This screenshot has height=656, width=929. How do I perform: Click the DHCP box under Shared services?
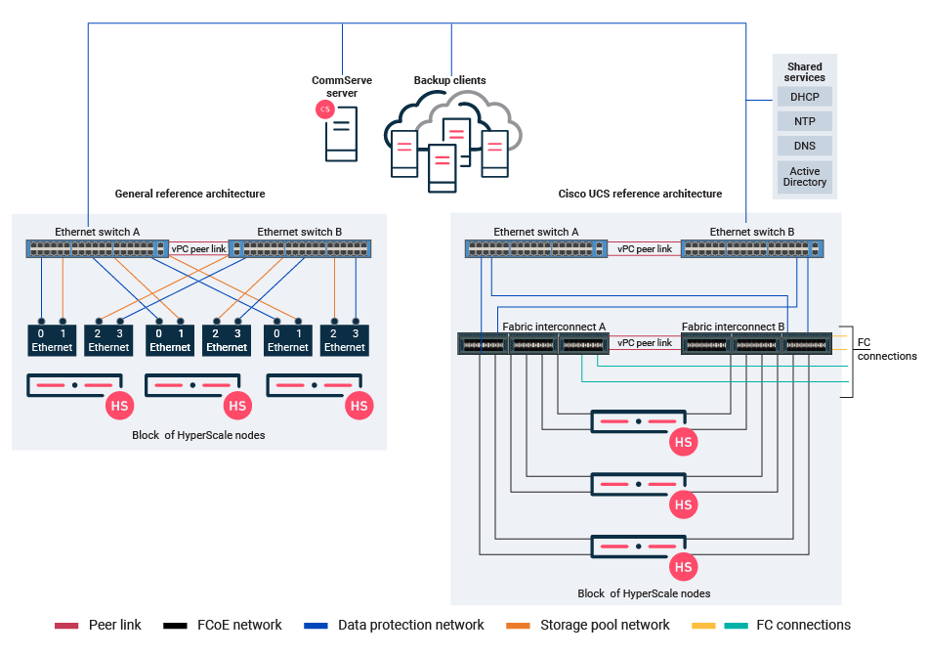[x=805, y=97]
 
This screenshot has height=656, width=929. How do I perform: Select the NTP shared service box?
[x=805, y=121]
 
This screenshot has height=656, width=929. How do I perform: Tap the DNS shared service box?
[x=805, y=146]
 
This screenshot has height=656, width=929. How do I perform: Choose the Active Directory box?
[x=805, y=177]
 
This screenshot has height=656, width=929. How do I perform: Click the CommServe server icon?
[x=341, y=133]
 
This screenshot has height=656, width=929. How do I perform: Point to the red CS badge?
[x=325, y=109]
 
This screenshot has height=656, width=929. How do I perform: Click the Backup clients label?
[x=449, y=80]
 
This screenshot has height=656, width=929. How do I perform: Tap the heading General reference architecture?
[x=190, y=194]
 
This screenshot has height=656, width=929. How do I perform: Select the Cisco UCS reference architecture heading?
[x=640, y=194]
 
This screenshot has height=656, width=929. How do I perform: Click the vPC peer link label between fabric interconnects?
[x=645, y=343]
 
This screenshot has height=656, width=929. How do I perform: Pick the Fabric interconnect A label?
[x=554, y=326]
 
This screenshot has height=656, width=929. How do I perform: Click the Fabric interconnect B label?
[x=734, y=326]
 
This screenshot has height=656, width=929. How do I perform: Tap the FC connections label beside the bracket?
[x=886, y=350]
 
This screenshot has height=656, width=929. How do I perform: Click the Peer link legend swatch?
[x=66, y=626]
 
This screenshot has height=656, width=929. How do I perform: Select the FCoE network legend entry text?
[x=239, y=626]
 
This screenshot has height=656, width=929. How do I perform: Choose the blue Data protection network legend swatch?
[x=316, y=626]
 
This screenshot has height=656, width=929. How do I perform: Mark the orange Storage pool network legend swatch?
[x=519, y=626]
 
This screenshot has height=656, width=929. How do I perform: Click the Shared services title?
[x=805, y=72]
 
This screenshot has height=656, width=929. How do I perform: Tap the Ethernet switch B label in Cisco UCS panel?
[x=752, y=232]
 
